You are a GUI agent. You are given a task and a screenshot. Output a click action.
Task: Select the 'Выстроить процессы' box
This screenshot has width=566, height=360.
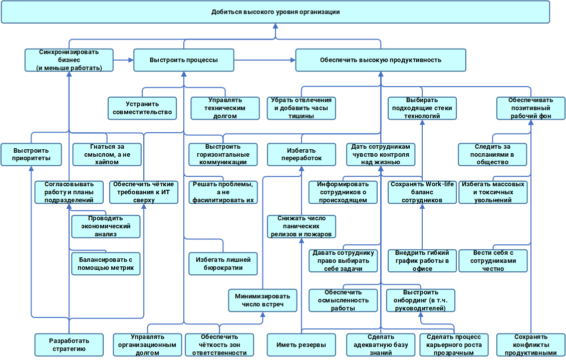(x=183, y=60)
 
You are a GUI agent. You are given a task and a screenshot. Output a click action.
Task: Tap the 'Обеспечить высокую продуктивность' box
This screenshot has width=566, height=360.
(x=381, y=60)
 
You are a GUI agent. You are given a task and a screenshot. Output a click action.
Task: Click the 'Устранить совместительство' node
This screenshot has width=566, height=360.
(x=142, y=108)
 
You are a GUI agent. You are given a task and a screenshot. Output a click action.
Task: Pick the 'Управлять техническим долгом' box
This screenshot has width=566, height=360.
(x=225, y=108)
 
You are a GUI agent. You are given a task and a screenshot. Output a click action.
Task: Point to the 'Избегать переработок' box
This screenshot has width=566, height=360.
(x=301, y=155)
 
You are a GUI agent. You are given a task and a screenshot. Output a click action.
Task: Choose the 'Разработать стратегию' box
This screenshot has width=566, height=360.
(x=69, y=345)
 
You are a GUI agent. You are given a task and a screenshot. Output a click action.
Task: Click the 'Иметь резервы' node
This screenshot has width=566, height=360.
(x=301, y=345)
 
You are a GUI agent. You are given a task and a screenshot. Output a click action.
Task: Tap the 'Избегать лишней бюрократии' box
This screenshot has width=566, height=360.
(x=223, y=264)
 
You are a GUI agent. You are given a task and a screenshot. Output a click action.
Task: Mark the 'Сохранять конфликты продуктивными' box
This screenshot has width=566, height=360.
(x=530, y=345)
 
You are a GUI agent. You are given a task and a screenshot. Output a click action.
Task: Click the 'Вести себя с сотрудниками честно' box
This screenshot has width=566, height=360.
(x=493, y=261)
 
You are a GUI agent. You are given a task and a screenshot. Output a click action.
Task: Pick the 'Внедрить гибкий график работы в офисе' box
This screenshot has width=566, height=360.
(x=422, y=261)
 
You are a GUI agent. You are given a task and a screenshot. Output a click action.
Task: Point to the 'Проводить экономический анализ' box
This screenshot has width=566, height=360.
(x=105, y=226)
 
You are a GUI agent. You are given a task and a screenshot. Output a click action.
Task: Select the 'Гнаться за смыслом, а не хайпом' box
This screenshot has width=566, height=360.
(x=107, y=155)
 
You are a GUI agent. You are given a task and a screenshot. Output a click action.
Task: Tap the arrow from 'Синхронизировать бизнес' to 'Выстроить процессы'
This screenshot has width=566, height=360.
(x=123, y=60)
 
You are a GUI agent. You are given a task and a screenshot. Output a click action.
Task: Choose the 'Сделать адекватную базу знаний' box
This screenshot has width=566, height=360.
(x=380, y=345)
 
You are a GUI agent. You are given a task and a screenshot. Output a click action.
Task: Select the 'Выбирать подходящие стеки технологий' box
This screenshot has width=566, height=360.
(x=422, y=108)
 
